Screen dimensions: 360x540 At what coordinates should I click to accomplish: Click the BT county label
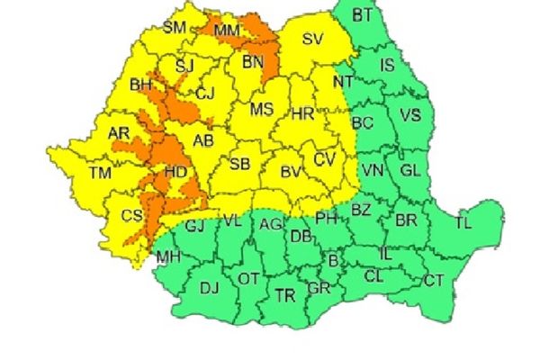[363, 14]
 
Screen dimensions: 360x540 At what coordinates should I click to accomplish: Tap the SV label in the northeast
[312, 39]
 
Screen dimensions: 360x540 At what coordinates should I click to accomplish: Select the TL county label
[463, 222]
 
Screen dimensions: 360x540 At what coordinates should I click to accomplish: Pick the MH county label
[168, 258]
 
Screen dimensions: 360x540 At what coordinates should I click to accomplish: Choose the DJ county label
[209, 288]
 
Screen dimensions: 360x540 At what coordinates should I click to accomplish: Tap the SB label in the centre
[239, 164]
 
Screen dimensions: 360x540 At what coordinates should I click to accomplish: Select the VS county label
[410, 115]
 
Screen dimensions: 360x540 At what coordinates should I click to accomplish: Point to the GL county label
[409, 169]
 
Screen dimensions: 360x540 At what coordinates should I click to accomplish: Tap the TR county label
[285, 294]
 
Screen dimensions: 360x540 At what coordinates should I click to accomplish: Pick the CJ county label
[206, 92]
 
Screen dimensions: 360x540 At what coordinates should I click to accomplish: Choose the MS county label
[262, 110]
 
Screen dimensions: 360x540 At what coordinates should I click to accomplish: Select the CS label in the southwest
[131, 216]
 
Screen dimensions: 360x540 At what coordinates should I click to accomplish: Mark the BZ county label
[361, 210]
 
